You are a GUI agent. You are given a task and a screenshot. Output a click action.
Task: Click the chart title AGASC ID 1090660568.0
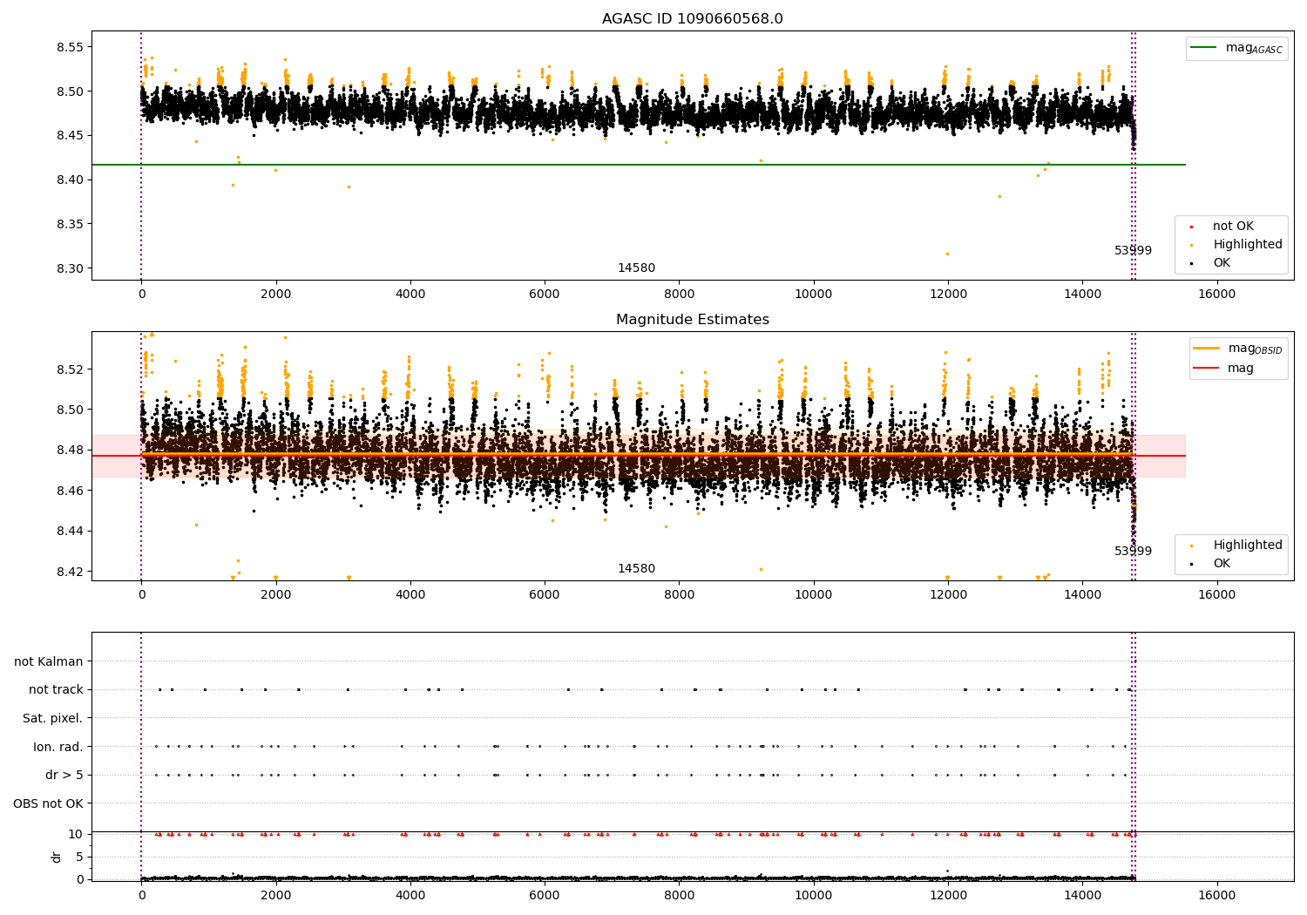(x=692, y=19)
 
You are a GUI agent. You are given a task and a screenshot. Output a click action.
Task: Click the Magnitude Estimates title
(x=692, y=320)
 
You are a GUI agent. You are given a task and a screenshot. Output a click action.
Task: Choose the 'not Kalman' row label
(x=49, y=661)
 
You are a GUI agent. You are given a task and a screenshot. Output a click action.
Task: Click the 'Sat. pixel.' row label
(x=52, y=718)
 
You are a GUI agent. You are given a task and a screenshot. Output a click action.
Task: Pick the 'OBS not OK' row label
(x=48, y=803)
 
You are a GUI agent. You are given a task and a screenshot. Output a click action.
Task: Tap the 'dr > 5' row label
(x=64, y=775)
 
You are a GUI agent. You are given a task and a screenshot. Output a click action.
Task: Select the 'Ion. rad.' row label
(x=58, y=747)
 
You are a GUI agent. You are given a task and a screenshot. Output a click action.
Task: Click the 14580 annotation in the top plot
(x=636, y=268)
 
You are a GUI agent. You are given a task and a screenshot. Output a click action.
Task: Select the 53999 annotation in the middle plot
(x=1133, y=552)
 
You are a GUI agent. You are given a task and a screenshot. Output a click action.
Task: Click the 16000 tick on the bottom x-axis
(x=1216, y=894)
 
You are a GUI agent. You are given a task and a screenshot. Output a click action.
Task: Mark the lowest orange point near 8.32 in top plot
(x=947, y=254)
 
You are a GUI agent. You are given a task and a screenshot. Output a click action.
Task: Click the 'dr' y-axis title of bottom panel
(x=57, y=857)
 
